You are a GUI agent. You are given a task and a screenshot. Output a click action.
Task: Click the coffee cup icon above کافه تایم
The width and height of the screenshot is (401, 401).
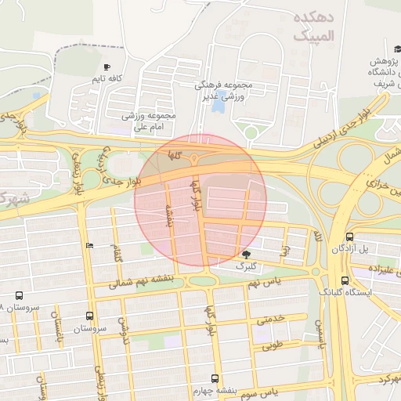coord(107,67)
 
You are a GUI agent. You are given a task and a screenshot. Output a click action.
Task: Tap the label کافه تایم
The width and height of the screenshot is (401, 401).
coord(107,79)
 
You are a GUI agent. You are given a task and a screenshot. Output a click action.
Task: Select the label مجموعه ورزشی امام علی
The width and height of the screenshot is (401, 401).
coord(149,121)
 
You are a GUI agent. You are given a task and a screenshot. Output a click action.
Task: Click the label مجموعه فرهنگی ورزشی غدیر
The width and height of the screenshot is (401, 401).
coord(225,90)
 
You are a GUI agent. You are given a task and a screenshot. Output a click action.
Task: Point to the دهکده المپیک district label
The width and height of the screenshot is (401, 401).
coord(315,27)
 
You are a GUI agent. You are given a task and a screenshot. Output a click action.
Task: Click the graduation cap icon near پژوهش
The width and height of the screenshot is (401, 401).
coord(388,49)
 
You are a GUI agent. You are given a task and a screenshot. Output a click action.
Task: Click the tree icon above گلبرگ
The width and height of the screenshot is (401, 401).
coord(247,255)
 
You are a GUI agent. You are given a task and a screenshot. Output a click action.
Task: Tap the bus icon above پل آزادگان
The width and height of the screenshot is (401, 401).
coord(349,236)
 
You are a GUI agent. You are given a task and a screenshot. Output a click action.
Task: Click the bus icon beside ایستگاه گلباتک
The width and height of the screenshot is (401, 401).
coord(345,280)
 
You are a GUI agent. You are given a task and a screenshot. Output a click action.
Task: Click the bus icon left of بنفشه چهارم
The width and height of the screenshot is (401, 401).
coord(215,378)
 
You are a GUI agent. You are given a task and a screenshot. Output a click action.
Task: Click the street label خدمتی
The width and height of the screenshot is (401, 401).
coord(270,320)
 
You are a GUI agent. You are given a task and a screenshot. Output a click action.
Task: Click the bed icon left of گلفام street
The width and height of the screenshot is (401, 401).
coord(89,245)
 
